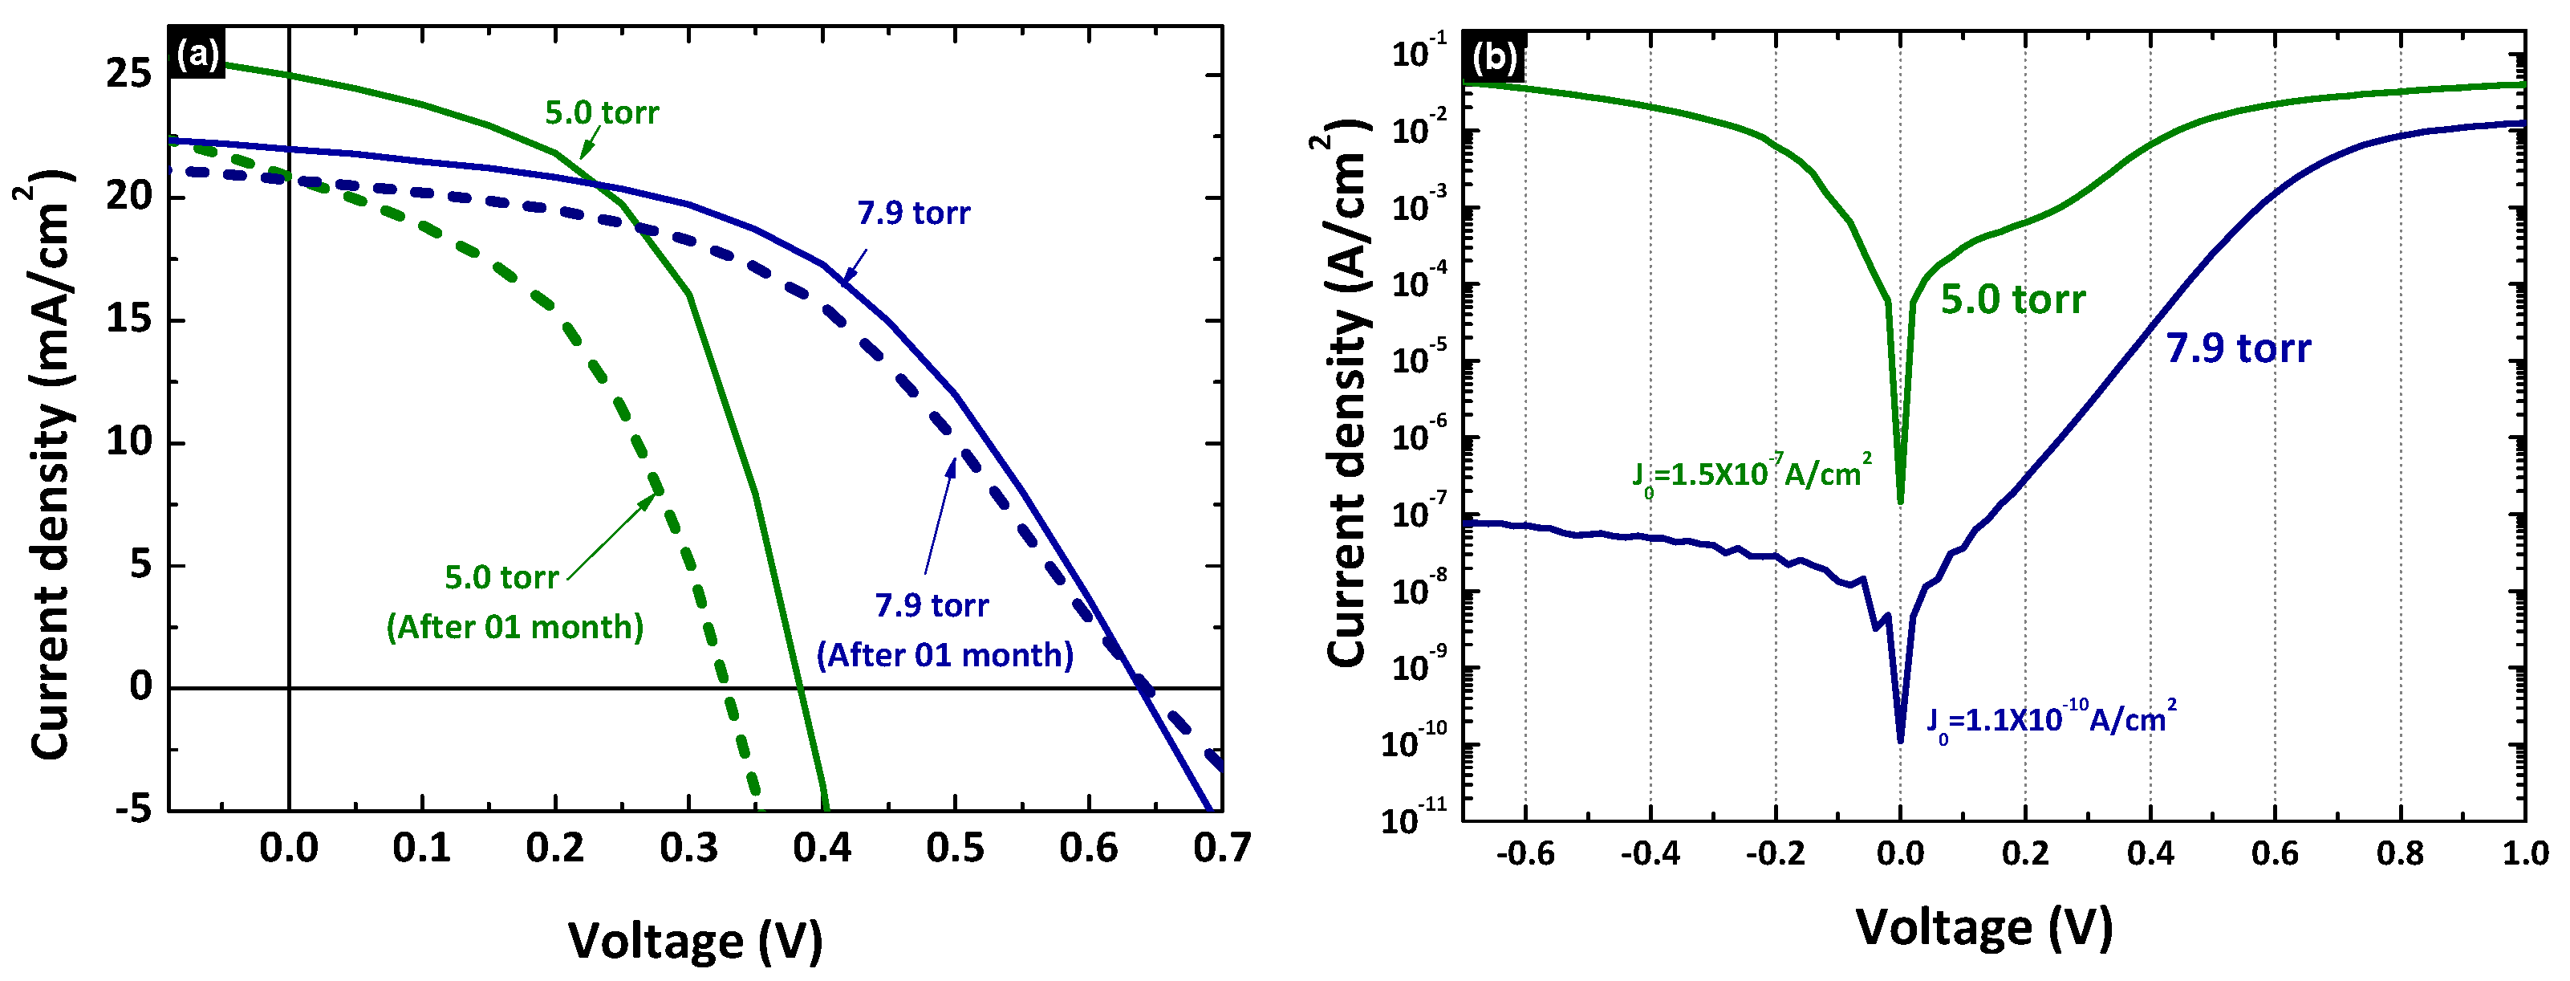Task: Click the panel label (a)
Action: (x=197, y=54)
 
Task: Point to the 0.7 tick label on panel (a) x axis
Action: (x=1221, y=849)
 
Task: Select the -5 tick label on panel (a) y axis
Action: (x=132, y=808)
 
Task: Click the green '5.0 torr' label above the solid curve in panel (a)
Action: (x=602, y=112)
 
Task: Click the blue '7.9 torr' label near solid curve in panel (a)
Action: (x=913, y=214)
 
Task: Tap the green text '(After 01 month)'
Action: (x=515, y=628)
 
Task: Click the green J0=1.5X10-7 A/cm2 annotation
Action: (x=1752, y=473)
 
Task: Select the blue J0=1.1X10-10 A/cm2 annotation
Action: (x=2051, y=719)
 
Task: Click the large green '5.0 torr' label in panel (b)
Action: (x=2012, y=299)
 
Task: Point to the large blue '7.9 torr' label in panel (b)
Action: (x=2238, y=348)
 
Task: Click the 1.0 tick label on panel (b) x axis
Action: (x=2524, y=854)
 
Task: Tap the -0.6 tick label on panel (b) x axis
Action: (x=1525, y=854)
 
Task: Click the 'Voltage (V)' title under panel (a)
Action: (x=696, y=940)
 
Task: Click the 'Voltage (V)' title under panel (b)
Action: (x=1983, y=927)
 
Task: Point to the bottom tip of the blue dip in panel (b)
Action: (x=1901, y=740)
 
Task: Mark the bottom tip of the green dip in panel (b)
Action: (x=1901, y=501)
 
